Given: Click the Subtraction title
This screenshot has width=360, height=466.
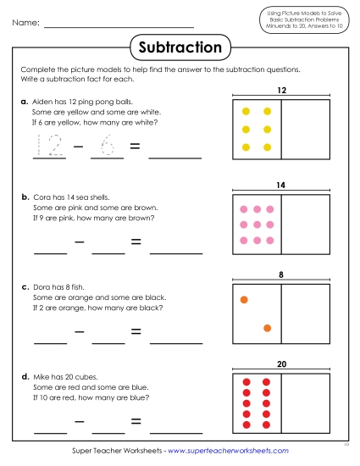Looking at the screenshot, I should point(180,47).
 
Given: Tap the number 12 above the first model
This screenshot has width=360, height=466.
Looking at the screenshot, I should point(280,90).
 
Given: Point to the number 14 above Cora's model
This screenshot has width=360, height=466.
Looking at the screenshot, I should point(280,184).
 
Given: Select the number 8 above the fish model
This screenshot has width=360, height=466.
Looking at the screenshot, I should point(280,275).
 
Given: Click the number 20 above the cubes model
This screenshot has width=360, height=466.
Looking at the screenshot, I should point(280,365).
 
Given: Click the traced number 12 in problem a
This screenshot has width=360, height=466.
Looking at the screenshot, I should point(46,147).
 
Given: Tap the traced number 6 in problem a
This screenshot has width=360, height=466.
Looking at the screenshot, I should point(108,147).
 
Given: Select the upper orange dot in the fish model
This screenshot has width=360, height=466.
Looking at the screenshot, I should point(244,299).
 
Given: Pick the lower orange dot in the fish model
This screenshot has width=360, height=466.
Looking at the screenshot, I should point(267,328).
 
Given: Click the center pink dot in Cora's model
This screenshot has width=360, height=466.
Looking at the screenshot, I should point(255,225).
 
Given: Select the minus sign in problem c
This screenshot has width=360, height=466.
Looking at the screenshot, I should point(79,334).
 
